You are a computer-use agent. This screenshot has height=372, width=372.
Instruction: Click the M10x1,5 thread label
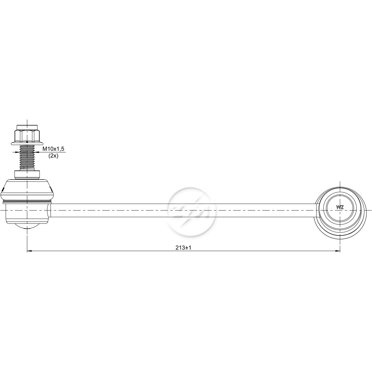(53, 149)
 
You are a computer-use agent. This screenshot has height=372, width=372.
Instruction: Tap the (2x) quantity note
(53, 156)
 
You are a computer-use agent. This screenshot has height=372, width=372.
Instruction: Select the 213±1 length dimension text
(183, 248)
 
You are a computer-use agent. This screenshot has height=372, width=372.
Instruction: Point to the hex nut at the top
(27, 136)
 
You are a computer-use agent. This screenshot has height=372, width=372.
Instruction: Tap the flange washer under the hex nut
(27, 143)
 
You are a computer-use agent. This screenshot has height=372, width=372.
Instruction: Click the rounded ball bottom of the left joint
(27, 226)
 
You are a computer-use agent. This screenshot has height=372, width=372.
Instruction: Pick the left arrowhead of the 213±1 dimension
(29, 251)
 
